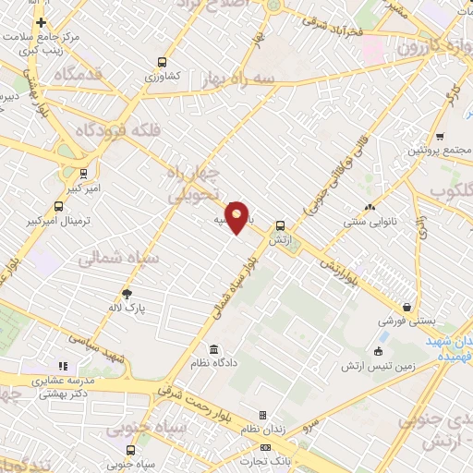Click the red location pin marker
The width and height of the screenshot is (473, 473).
tap(237, 216)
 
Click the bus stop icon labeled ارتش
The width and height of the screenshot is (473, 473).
tap(280, 224)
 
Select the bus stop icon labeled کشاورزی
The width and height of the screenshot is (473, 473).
tap(163, 62)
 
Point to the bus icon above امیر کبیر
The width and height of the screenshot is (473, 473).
tap(84, 172)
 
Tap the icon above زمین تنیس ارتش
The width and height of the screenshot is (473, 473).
tap(379, 352)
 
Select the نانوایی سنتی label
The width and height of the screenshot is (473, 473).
tap(370, 223)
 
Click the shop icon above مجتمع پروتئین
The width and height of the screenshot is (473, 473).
tap(440, 135)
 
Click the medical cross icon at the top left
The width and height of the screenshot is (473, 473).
tap(41, 21)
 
